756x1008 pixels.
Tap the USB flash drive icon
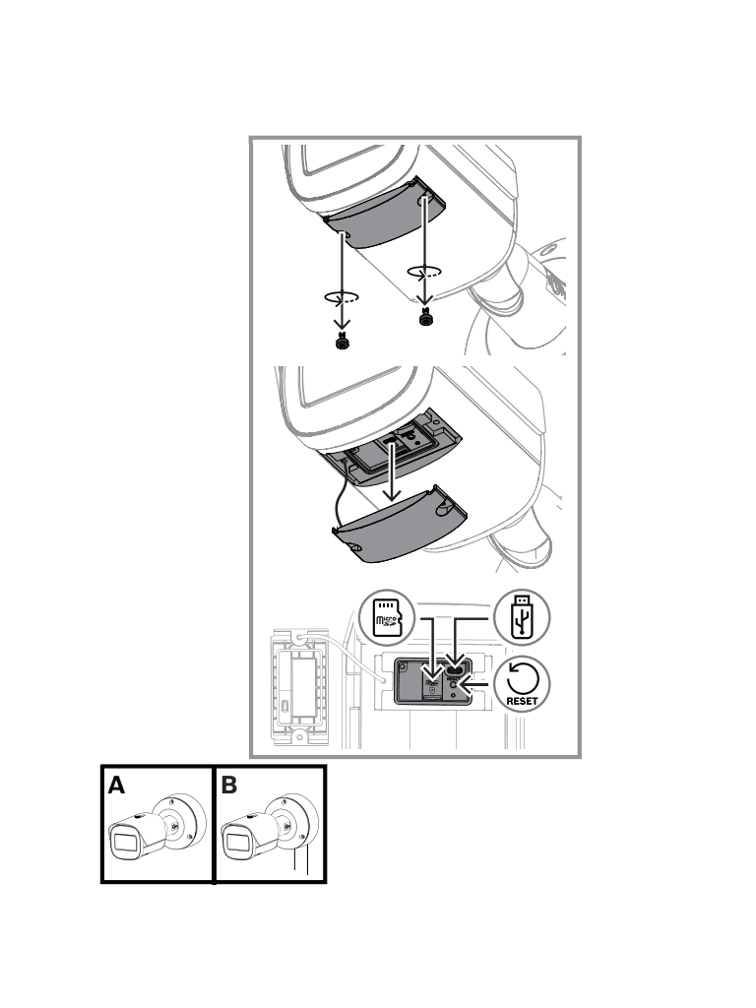[522, 617]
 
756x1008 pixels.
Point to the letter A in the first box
[117, 787]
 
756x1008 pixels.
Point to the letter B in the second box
[229, 787]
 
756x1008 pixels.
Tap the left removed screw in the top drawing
[341, 344]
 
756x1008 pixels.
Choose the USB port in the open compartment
[456, 661]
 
